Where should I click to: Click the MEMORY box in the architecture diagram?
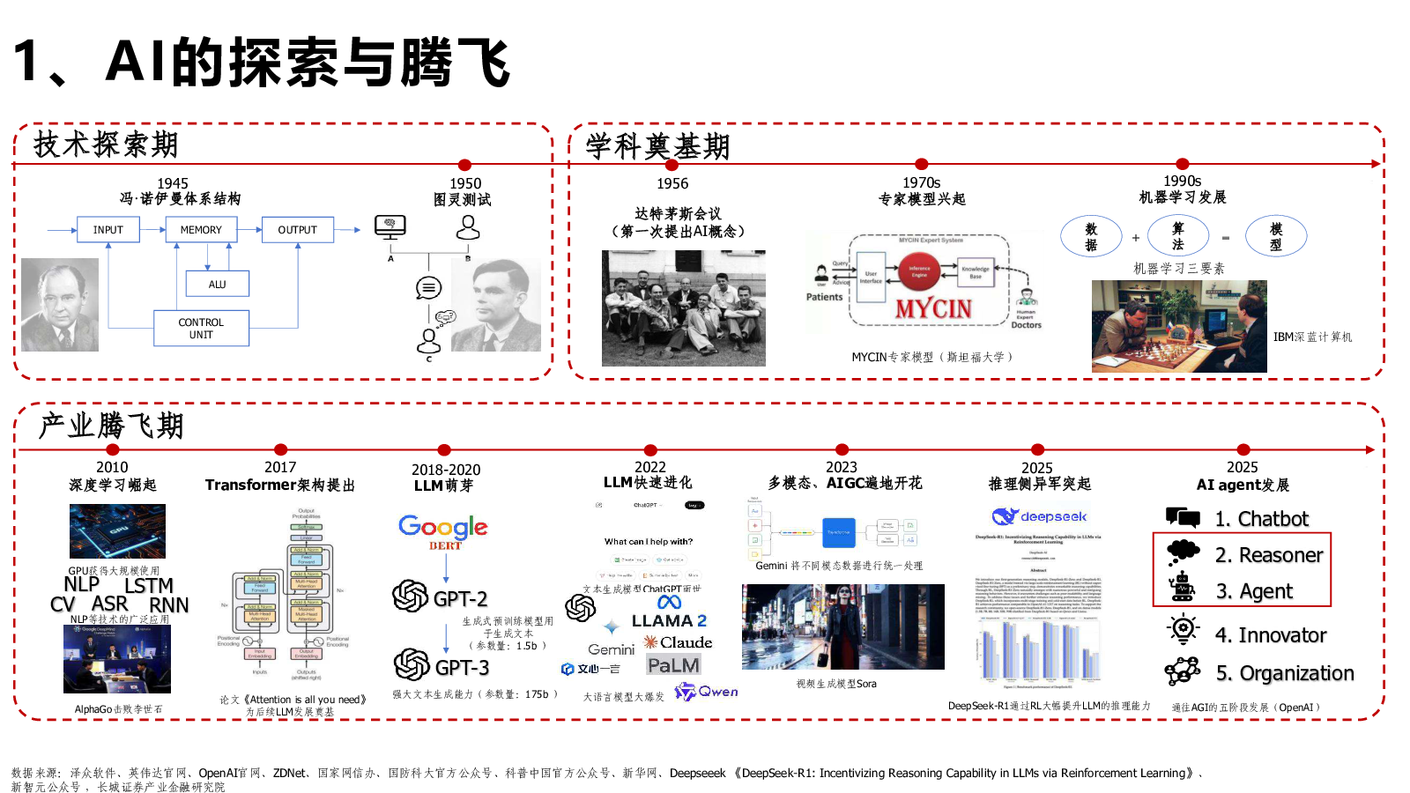click(x=201, y=230)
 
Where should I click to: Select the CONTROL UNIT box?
click(x=201, y=329)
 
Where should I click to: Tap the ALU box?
click(x=217, y=284)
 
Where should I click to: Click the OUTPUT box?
click(x=297, y=230)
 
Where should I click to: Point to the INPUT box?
click(x=108, y=230)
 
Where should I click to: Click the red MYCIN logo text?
click(x=933, y=309)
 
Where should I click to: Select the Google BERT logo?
click(x=443, y=530)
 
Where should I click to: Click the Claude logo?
click(x=678, y=642)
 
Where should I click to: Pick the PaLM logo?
click(x=673, y=665)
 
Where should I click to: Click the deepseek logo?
click(x=1040, y=516)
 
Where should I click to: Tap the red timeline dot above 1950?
click(x=464, y=165)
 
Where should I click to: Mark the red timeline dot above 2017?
click(x=280, y=450)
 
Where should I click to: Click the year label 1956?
click(x=672, y=183)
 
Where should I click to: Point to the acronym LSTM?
click(x=148, y=586)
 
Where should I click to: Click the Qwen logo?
click(x=707, y=692)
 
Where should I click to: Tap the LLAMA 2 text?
click(x=669, y=620)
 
